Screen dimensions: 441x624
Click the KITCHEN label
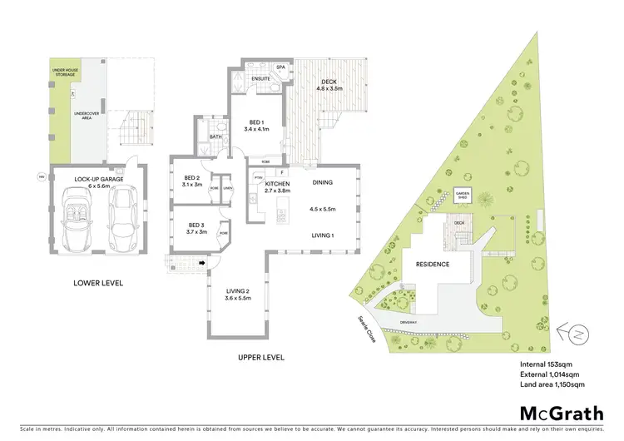coord(277,186)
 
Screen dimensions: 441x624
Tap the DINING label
coord(323,182)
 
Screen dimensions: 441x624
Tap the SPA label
coord(292,66)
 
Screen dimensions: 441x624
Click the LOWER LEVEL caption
coord(97,283)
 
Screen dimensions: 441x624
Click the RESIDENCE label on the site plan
coord(433,265)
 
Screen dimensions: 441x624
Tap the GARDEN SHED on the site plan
coord(463,196)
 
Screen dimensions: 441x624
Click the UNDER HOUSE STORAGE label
coord(65,73)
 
